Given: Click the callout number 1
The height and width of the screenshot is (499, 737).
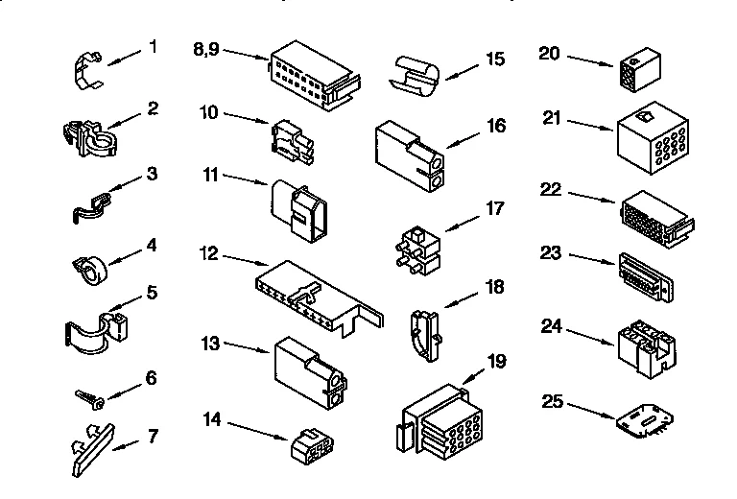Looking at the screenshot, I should click(152, 46).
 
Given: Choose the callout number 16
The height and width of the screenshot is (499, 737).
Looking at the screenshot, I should click(494, 124).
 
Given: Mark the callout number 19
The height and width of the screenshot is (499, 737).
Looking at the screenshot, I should click(496, 363).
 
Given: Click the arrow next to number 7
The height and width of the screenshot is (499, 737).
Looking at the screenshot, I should click(123, 443).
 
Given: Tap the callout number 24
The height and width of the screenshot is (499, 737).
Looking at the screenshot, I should click(551, 325).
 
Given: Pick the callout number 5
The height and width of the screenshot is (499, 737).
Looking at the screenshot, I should click(151, 291).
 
